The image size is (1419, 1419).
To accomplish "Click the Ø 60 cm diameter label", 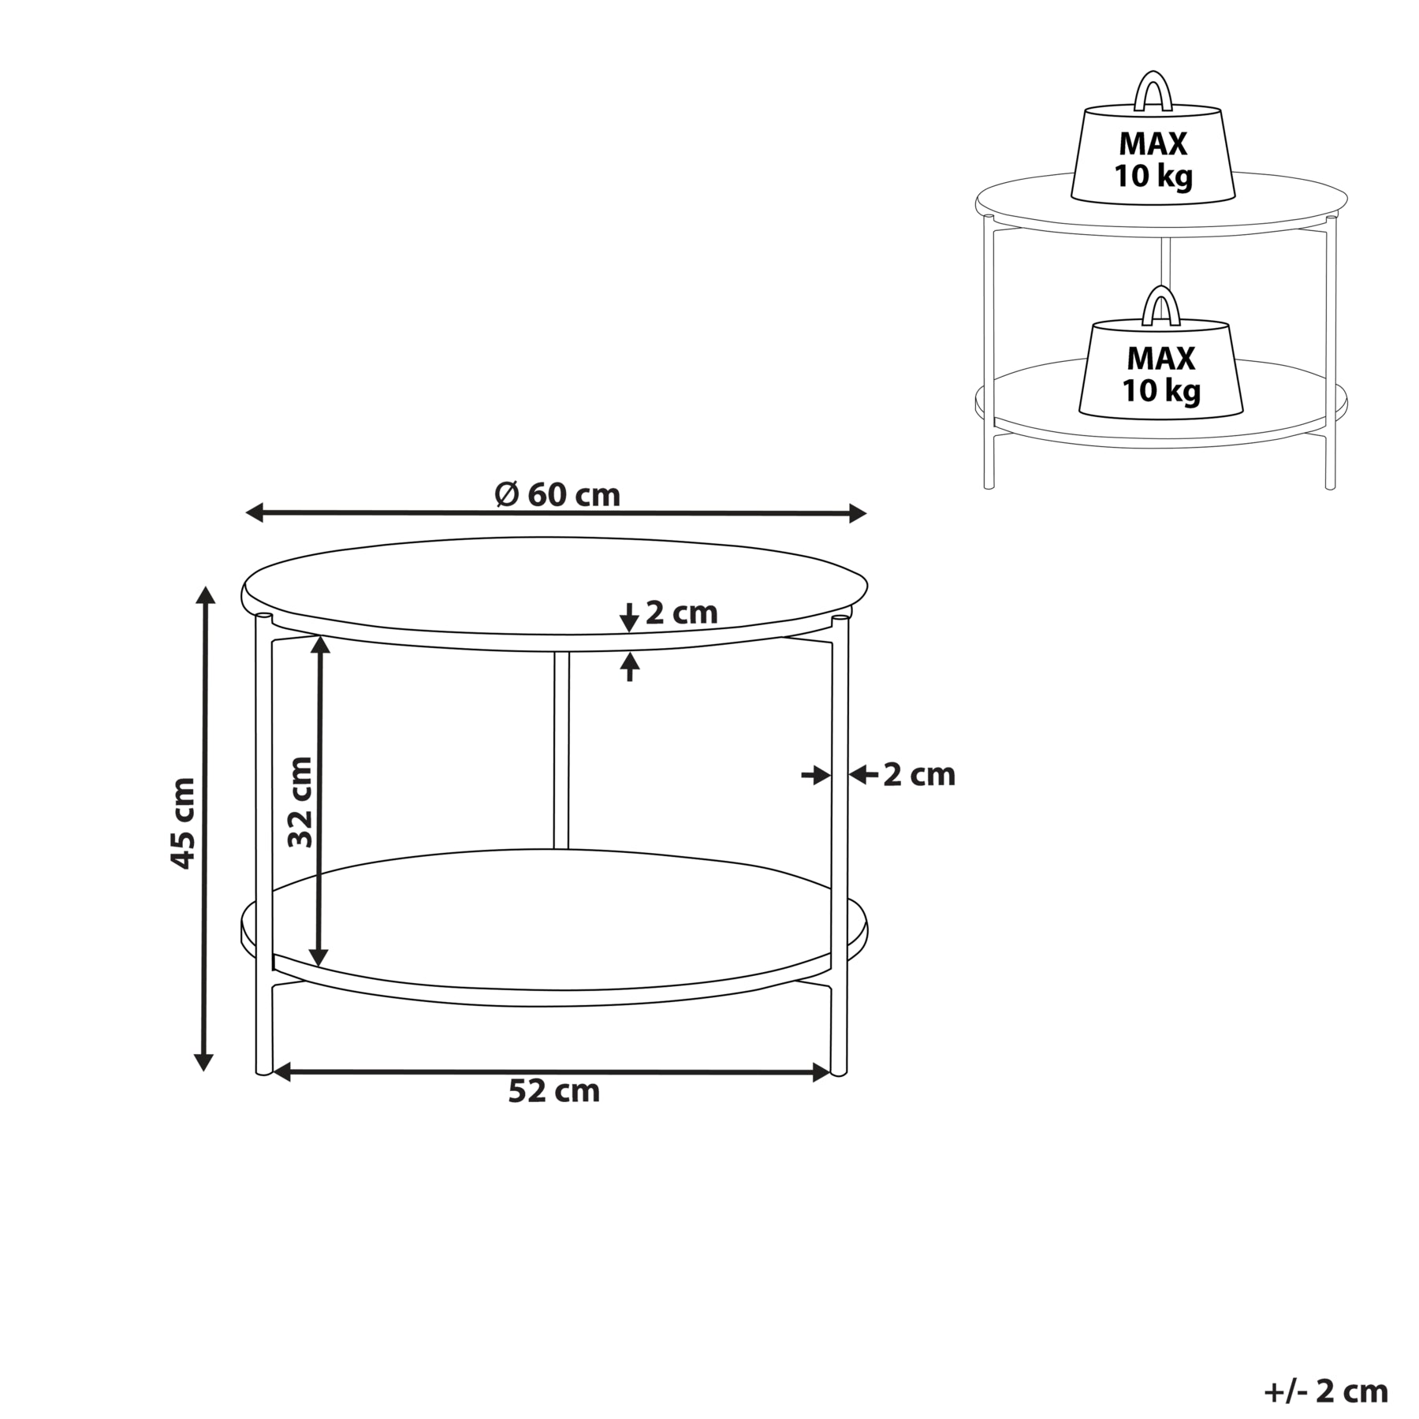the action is pos(557,494).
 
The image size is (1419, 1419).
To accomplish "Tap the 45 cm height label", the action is pos(183,823).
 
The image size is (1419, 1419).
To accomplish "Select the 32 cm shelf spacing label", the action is pos(300,803).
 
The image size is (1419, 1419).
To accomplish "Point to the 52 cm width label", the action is pos(554,1091).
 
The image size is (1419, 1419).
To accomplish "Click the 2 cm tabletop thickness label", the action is pos(681,613).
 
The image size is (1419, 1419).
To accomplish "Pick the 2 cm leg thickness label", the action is pos(918,775).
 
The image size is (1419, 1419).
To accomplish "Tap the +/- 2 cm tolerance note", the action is pos(1326,1391).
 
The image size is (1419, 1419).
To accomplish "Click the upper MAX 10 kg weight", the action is pos(1153,155).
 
